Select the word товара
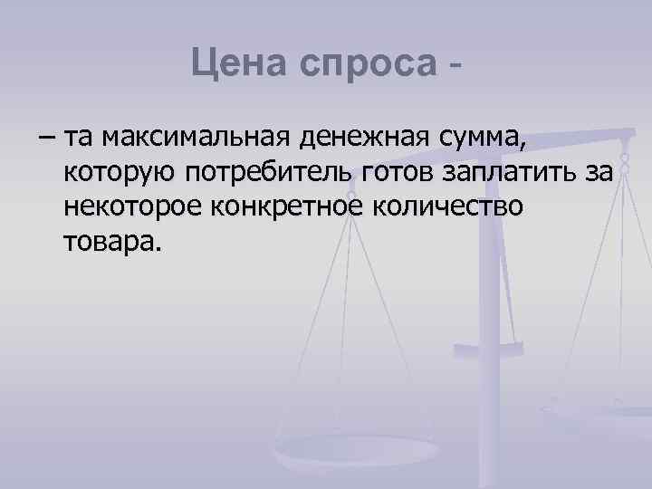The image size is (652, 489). [110, 242]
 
